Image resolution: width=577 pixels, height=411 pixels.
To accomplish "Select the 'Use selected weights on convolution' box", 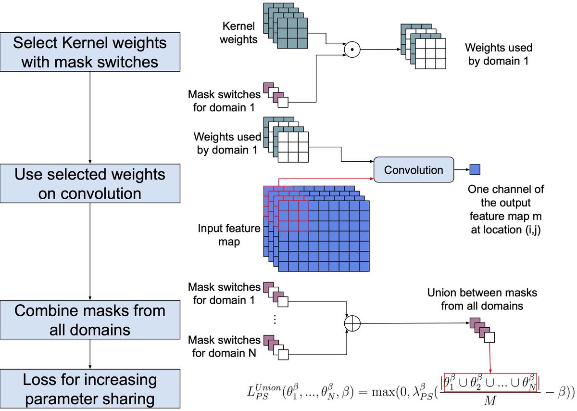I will [90, 183].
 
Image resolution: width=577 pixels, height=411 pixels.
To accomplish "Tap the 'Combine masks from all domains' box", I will [90, 320].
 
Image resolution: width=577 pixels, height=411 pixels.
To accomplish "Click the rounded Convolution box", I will [414, 170].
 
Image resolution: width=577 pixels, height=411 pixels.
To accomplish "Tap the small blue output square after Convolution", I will [475, 169].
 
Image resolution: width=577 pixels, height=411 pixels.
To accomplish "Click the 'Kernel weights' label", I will [238, 33].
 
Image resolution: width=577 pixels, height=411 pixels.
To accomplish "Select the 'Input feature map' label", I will [229, 234].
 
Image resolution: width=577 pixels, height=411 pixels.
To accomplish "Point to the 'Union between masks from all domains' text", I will [482, 299].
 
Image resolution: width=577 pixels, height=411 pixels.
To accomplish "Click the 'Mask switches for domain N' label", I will [224, 347].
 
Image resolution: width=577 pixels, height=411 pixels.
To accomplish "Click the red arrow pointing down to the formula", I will [489, 356].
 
